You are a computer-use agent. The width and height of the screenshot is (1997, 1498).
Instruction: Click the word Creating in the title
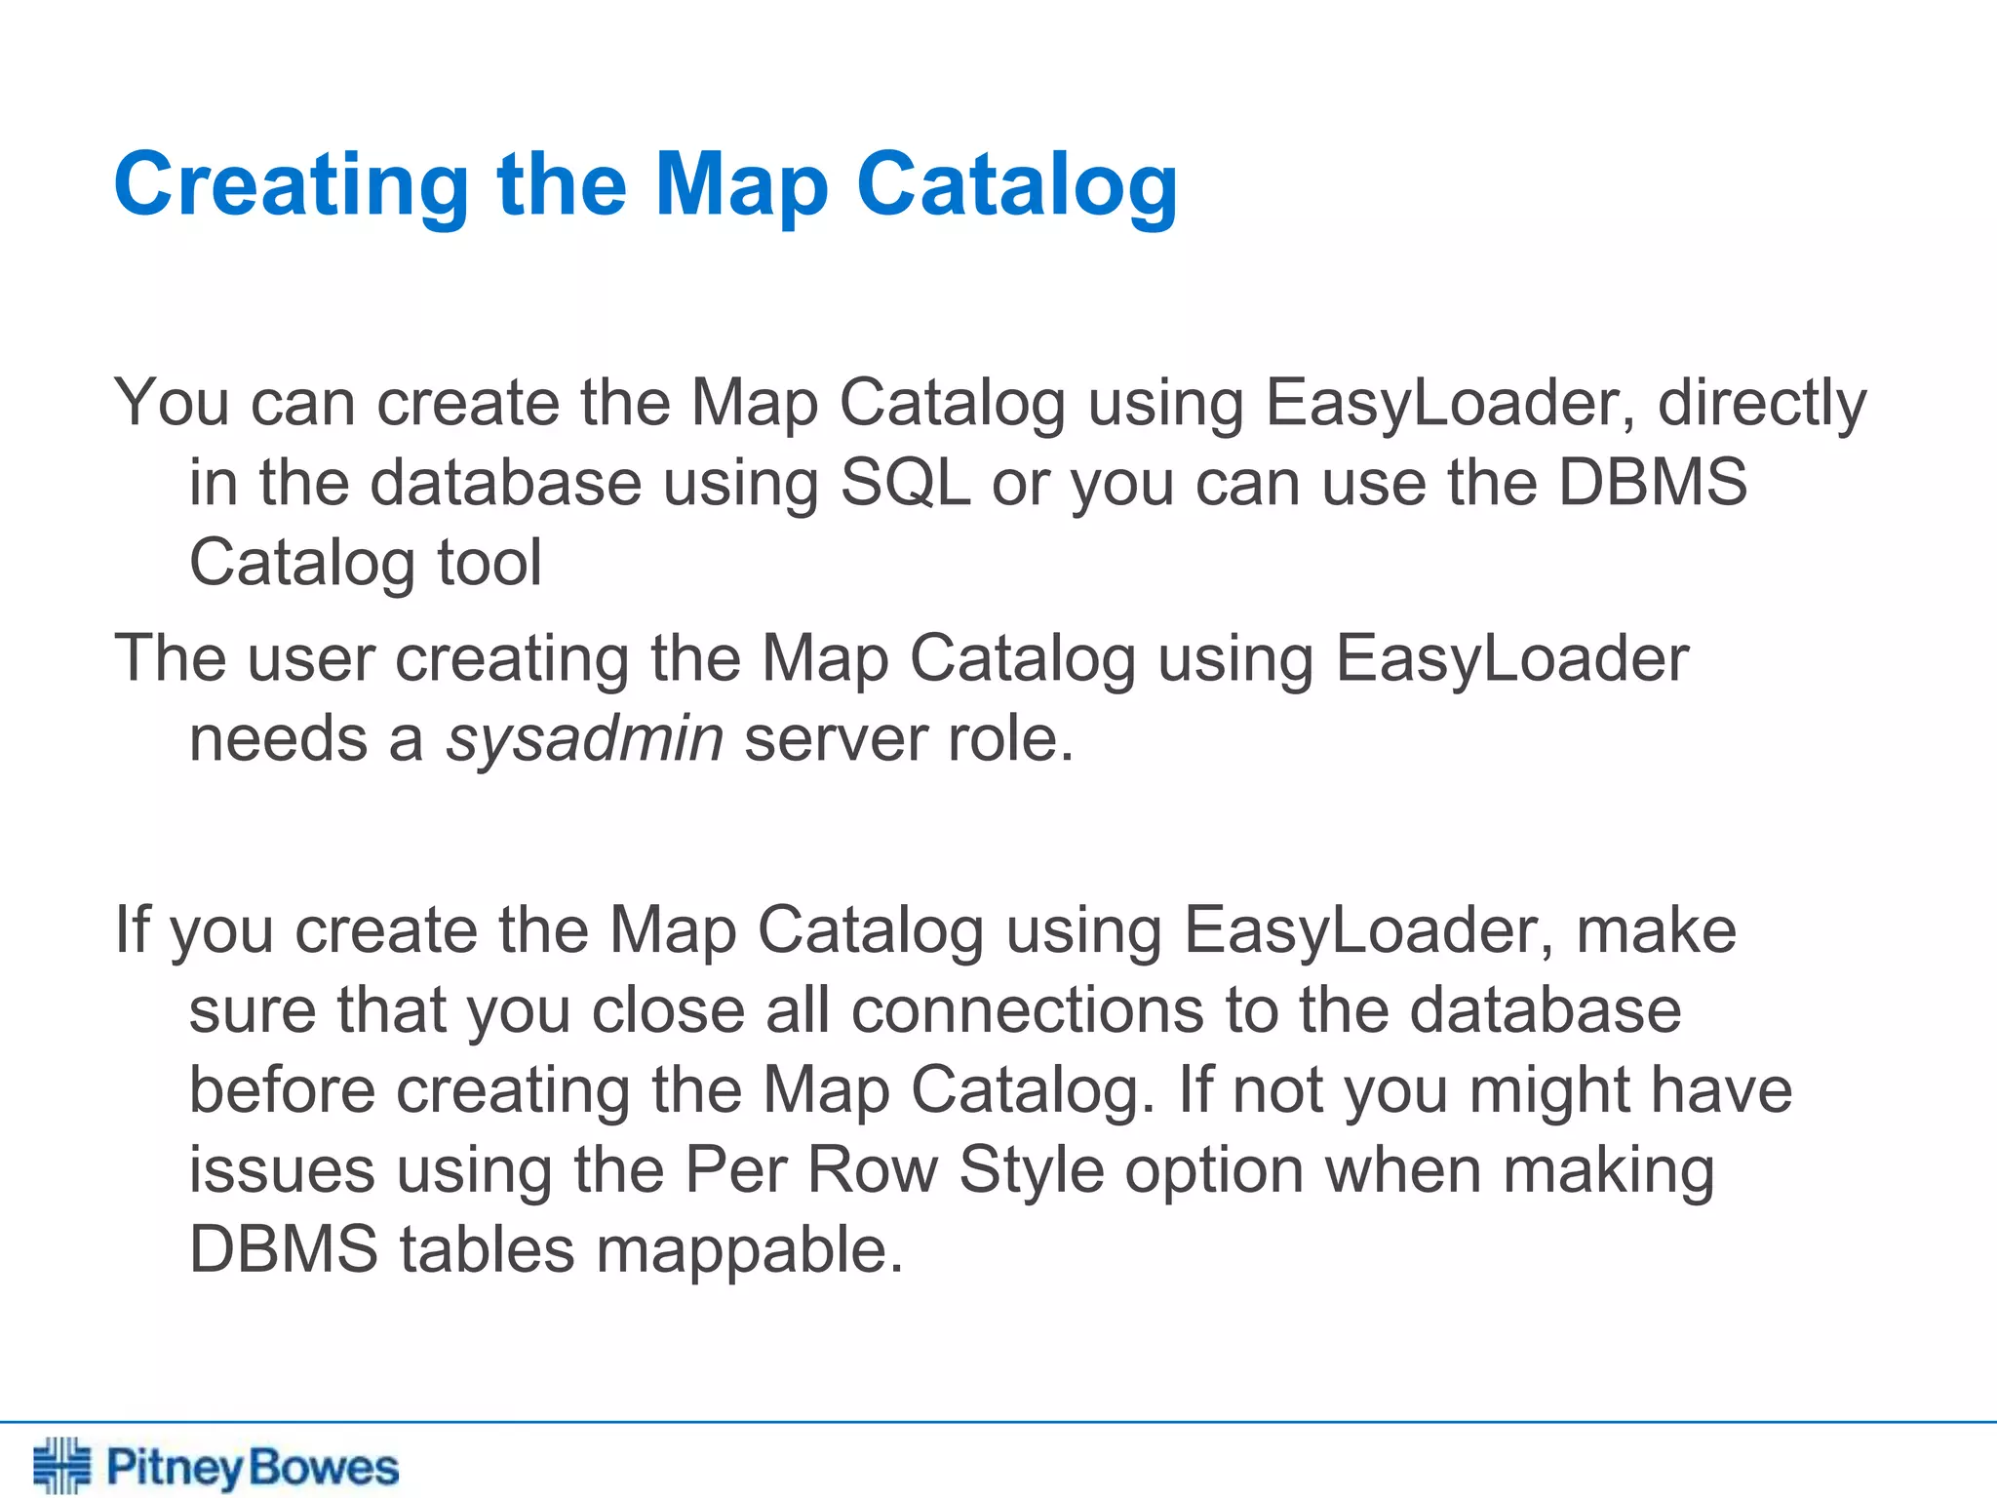292,185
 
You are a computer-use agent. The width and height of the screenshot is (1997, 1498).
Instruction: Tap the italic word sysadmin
584,739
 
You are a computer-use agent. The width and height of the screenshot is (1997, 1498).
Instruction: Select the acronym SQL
905,483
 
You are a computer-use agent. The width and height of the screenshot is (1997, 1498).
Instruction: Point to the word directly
1761,403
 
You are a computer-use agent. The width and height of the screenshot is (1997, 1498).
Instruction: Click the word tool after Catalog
489,563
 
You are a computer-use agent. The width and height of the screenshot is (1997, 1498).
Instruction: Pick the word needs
278,739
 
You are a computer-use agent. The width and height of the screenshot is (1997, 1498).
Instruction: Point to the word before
282,1089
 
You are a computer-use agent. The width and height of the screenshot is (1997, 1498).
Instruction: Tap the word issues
282,1169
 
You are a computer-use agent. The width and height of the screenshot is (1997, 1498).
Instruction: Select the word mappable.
749,1250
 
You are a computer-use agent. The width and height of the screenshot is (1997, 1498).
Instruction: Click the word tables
487,1250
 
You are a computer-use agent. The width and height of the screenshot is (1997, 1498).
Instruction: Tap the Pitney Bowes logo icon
61,1466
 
